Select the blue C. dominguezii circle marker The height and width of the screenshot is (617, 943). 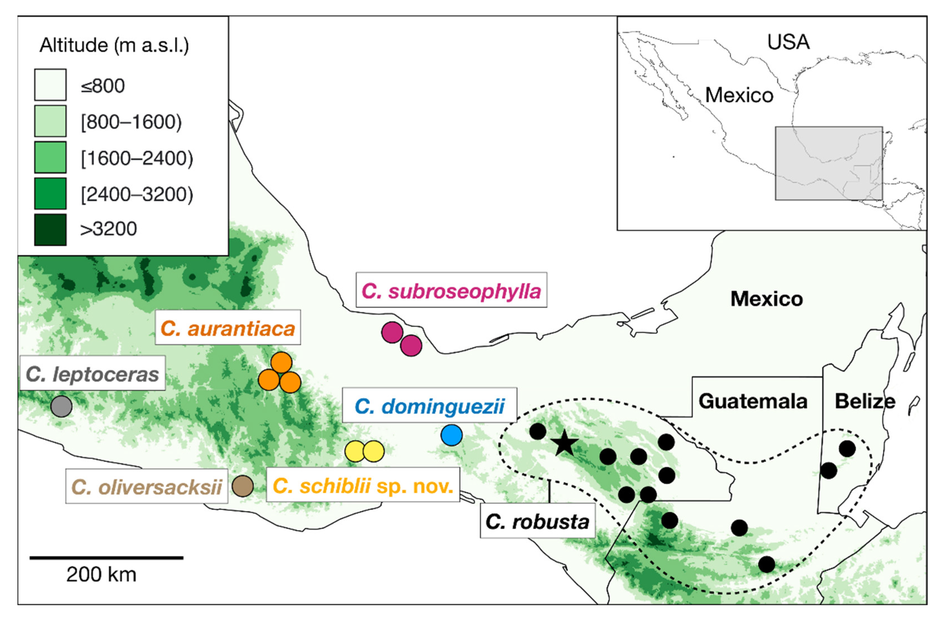point(451,435)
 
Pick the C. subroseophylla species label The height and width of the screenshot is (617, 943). point(451,291)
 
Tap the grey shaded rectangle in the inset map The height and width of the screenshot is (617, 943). point(828,163)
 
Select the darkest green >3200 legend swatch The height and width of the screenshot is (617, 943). point(50,230)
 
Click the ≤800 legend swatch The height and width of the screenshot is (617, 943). point(50,85)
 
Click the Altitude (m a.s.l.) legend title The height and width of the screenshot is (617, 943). point(114,45)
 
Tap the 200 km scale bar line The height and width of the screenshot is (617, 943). point(106,557)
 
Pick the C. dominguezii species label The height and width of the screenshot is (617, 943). point(430,406)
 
